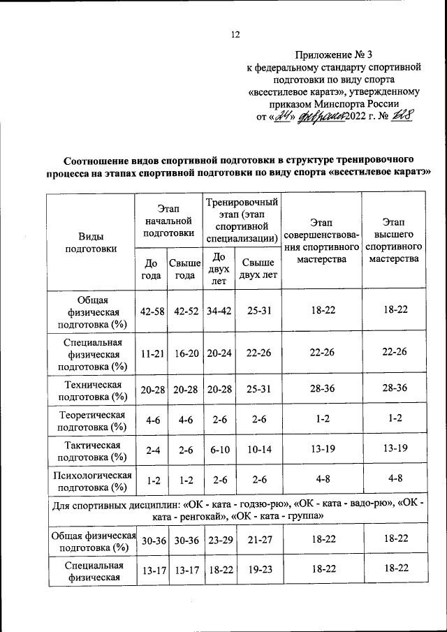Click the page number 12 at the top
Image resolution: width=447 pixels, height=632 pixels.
[235, 36]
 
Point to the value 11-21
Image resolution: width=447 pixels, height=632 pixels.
[152, 354]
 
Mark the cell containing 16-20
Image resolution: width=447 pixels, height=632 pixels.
[185, 354]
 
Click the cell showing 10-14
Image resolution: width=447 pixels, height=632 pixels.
[258, 451]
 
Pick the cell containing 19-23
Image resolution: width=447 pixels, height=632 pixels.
[258, 571]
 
